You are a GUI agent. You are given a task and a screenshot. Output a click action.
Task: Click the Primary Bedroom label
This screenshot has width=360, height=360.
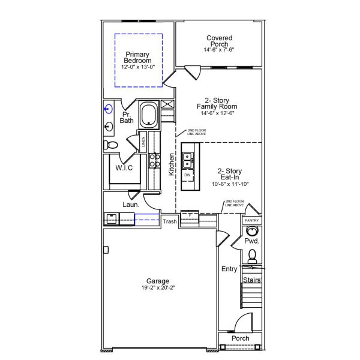pos(138,58)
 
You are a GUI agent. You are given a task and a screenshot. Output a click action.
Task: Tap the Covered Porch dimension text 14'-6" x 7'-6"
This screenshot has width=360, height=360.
pos(219,50)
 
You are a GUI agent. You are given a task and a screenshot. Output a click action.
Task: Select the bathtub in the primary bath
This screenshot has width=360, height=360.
pos(148,115)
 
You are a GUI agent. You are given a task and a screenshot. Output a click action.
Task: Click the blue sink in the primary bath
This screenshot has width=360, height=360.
pos(109,109)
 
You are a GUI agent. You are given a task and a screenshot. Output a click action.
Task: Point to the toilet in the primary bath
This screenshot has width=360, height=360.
pos(110,145)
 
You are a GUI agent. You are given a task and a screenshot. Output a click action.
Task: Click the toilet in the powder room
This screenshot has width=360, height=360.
pos(253,256)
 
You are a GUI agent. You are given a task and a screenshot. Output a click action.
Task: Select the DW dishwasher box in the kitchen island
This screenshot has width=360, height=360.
pos(187,175)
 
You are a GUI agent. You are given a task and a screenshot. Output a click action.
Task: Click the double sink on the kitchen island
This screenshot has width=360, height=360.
pos(188,159)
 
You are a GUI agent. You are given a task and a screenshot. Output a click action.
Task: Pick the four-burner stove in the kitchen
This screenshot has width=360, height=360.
pos(154,160)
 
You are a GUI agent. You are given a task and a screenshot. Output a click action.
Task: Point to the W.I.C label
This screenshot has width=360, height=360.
pos(124,168)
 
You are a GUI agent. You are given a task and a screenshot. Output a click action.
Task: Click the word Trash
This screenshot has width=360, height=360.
pos(170,222)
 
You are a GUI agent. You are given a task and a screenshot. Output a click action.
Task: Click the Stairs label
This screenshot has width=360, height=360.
pos(251,280)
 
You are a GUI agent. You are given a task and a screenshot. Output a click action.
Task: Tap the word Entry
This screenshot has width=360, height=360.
pos(229,269)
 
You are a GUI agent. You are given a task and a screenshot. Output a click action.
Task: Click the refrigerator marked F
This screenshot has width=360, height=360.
pos(190,215)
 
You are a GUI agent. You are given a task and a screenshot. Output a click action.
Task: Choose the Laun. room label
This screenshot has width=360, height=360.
pos(131,205)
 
